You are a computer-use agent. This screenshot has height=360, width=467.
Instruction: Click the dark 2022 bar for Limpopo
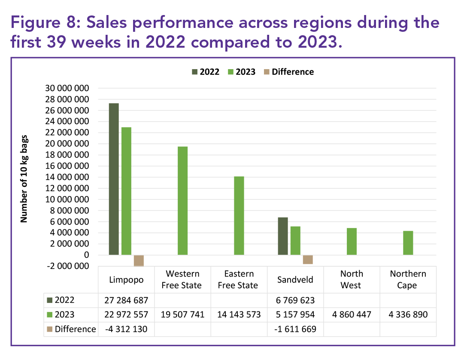113,179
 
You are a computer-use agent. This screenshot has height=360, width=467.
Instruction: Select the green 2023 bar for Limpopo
126,191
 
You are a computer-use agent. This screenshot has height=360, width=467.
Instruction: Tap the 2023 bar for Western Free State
182,201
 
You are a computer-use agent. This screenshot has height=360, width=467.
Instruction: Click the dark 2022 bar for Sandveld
283,236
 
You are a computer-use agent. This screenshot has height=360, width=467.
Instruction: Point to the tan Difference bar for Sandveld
308,259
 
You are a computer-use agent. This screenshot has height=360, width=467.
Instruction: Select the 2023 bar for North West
352,241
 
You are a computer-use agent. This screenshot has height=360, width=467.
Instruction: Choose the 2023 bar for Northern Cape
408,243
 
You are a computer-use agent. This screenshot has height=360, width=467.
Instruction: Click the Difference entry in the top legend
292,72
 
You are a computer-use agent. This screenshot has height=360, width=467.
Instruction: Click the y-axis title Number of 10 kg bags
24,177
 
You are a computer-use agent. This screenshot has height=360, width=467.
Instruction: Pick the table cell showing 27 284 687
126,300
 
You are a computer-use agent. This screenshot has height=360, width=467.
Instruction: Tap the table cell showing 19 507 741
182,315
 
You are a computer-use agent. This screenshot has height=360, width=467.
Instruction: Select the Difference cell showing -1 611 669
295,329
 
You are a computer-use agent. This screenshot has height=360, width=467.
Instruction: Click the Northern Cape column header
408,279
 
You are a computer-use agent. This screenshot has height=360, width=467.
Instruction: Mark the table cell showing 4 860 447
352,315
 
